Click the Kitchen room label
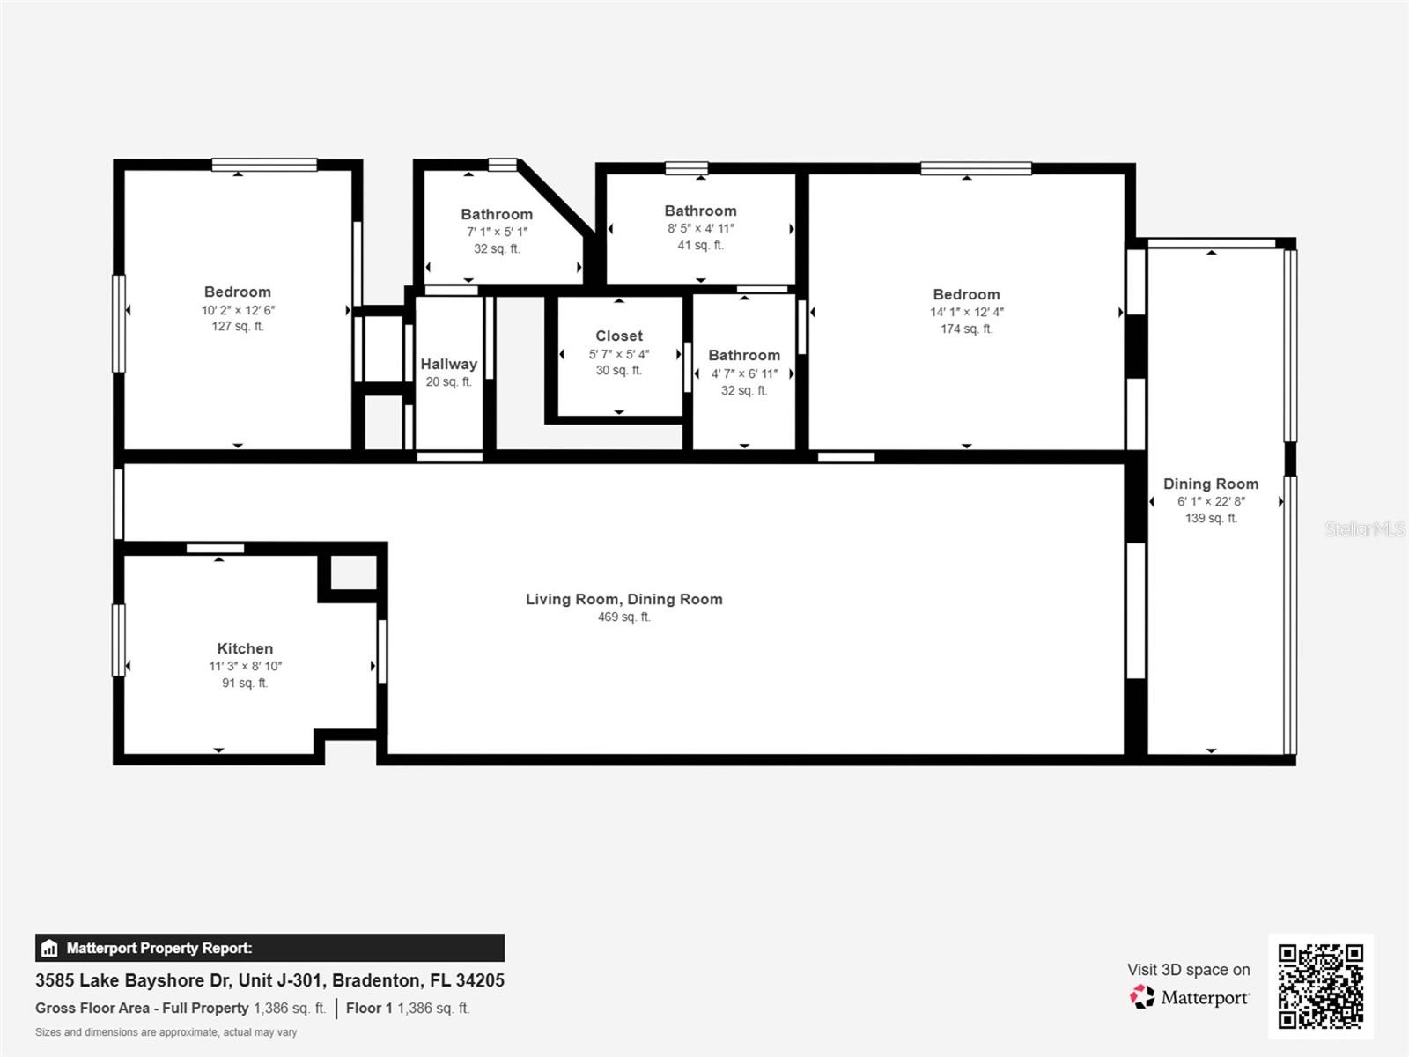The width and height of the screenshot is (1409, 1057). click(245, 648)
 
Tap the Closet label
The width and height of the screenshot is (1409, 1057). click(619, 336)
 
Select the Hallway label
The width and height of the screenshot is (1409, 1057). click(448, 364)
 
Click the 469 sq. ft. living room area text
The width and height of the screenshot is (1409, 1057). click(623, 617)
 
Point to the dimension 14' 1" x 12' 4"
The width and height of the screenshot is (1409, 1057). click(966, 312)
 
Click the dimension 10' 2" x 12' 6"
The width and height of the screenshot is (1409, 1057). click(238, 310)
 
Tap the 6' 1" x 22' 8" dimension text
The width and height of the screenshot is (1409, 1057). click(1211, 501)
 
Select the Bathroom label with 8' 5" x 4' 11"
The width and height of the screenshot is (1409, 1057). click(700, 211)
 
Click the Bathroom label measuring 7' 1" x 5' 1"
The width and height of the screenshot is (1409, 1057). click(497, 214)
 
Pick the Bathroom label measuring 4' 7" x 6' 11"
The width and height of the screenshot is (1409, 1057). click(744, 355)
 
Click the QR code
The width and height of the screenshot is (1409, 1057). click(1320, 986)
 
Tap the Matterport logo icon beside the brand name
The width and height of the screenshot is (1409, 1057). click(1142, 997)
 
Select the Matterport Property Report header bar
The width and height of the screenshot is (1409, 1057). click(269, 948)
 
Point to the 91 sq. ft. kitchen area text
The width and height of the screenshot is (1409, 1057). click(245, 683)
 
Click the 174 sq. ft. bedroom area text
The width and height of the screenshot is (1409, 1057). click(966, 329)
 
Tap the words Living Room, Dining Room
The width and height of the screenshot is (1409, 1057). click(623, 599)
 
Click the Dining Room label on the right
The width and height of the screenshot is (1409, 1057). click(1211, 484)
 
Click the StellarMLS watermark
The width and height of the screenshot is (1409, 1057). click(1365, 528)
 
